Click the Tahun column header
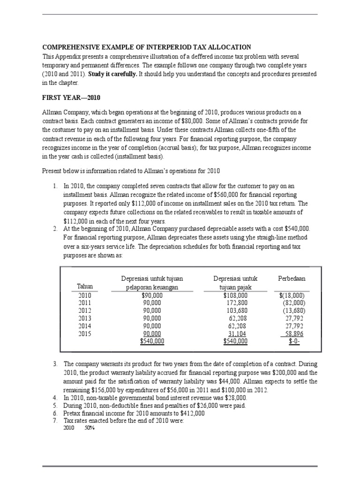click(85, 286)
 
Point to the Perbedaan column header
click(292, 278)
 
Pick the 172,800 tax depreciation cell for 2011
click(237, 303)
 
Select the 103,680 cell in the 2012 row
click(237, 311)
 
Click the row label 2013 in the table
click(85, 318)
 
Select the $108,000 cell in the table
click(236, 296)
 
